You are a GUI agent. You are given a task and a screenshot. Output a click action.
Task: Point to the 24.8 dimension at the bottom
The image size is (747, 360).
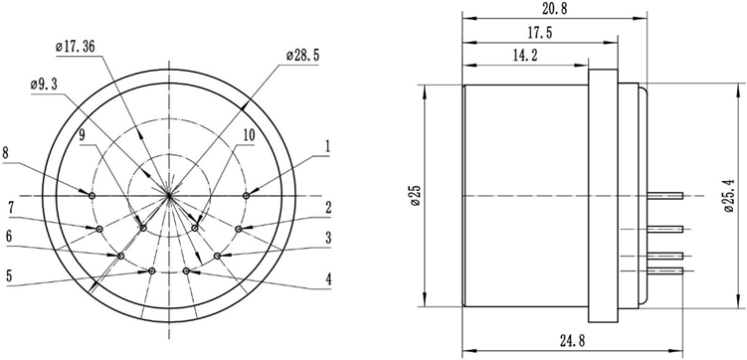(x=572, y=341)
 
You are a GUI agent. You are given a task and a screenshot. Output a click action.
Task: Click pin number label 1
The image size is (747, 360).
(x=327, y=145)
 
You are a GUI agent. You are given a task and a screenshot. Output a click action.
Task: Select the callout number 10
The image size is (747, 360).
(x=249, y=134)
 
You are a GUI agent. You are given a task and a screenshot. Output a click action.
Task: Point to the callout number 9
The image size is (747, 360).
(x=83, y=133)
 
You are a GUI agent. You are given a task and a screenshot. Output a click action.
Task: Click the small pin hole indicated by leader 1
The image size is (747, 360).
(x=246, y=196)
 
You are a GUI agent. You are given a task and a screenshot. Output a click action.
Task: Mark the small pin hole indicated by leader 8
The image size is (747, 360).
(x=93, y=196)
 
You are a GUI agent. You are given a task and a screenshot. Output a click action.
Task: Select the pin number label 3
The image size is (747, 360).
(x=327, y=239)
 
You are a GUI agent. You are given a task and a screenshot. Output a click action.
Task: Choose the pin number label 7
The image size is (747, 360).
(x=10, y=207)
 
